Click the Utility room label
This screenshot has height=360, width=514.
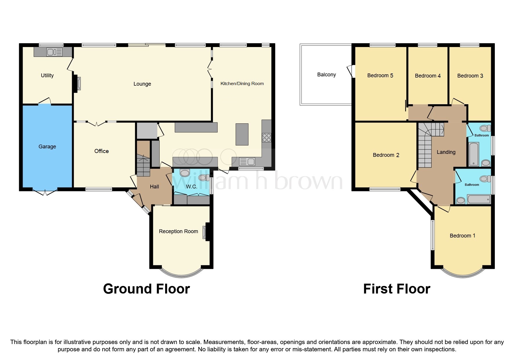(47, 75)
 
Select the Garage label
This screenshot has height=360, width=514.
(47, 147)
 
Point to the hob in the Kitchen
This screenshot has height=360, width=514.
(266, 138)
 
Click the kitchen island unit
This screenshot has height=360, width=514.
(242, 134)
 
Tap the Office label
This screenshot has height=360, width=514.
(102, 151)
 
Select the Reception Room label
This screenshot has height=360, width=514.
(178, 231)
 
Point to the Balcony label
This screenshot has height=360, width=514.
(327, 75)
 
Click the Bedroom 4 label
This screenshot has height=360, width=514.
(428, 76)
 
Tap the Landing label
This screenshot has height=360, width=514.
(446, 152)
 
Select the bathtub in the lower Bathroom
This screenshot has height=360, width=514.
(479, 199)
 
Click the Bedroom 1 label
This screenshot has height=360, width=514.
(462, 236)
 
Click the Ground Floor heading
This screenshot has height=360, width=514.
(146, 289)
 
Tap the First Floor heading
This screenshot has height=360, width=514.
(396, 289)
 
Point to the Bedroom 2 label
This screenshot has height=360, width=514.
(386, 155)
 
